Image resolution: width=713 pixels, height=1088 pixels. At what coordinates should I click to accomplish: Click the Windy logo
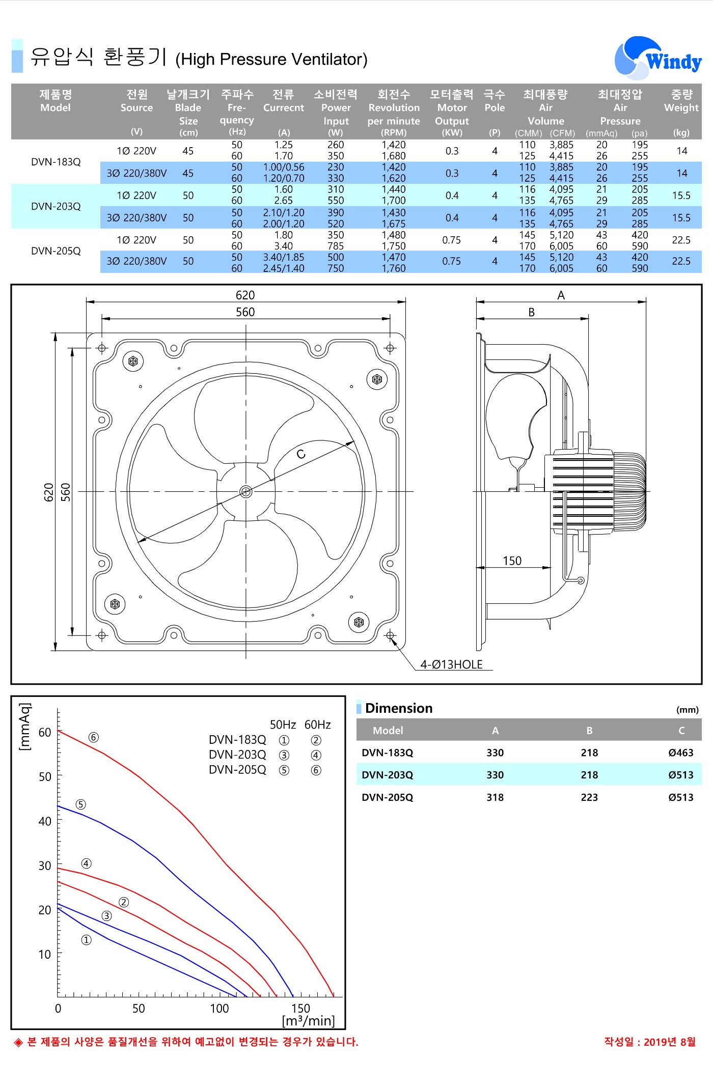pyautogui.click(x=658, y=58)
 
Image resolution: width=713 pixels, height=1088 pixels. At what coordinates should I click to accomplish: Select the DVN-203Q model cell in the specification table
pyautogui.click(x=56, y=206)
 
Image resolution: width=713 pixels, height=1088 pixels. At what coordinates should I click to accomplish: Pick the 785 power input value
pyautogui.click(x=336, y=246)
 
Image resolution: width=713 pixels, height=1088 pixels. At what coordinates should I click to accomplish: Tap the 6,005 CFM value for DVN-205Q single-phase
pyautogui.click(x=561, y=246)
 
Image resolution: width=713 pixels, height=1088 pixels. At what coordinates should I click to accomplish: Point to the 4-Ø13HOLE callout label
pyautogui.click(x=451, y=664)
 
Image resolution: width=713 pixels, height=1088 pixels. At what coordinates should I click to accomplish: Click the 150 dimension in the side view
pyautogui.click(x=512, y=561)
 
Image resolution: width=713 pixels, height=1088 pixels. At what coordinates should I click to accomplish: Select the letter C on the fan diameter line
pyautogui.click(x=301, y=454)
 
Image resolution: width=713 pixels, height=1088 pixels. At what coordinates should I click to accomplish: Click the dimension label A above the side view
pyautogui.click(x=561, y=295)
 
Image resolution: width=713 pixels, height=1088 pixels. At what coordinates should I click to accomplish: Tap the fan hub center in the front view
pyautogui.click(x=246, y=491)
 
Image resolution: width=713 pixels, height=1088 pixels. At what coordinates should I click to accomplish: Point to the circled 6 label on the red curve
pyautogui.click(x=93, y=737)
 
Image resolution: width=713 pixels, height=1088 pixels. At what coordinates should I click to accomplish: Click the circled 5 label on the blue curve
pyautogui.click(x=80, y=804)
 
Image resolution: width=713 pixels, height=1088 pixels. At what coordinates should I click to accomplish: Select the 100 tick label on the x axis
pyautogui.click(x=220, y=1008)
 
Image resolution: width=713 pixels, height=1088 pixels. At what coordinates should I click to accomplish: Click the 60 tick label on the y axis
pyautogui.click(x=45, y=732)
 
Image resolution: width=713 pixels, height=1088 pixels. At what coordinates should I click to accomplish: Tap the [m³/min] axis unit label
pyautogui.click(x=308, y=1020)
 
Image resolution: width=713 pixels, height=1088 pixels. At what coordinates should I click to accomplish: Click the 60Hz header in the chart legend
pyautogui.click(x=317, y=724)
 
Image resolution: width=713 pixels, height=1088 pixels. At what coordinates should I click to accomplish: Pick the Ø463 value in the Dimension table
pyautogui.click(x=681, y=752)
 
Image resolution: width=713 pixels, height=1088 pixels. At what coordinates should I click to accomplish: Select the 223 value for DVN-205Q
pyautogui.click(x=589, y=797)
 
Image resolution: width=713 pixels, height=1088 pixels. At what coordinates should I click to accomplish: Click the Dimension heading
pyautogui.click(x=399, y=708)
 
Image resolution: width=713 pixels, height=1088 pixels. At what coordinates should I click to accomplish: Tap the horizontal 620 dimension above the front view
pyautogui.click(x=245, y=295)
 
